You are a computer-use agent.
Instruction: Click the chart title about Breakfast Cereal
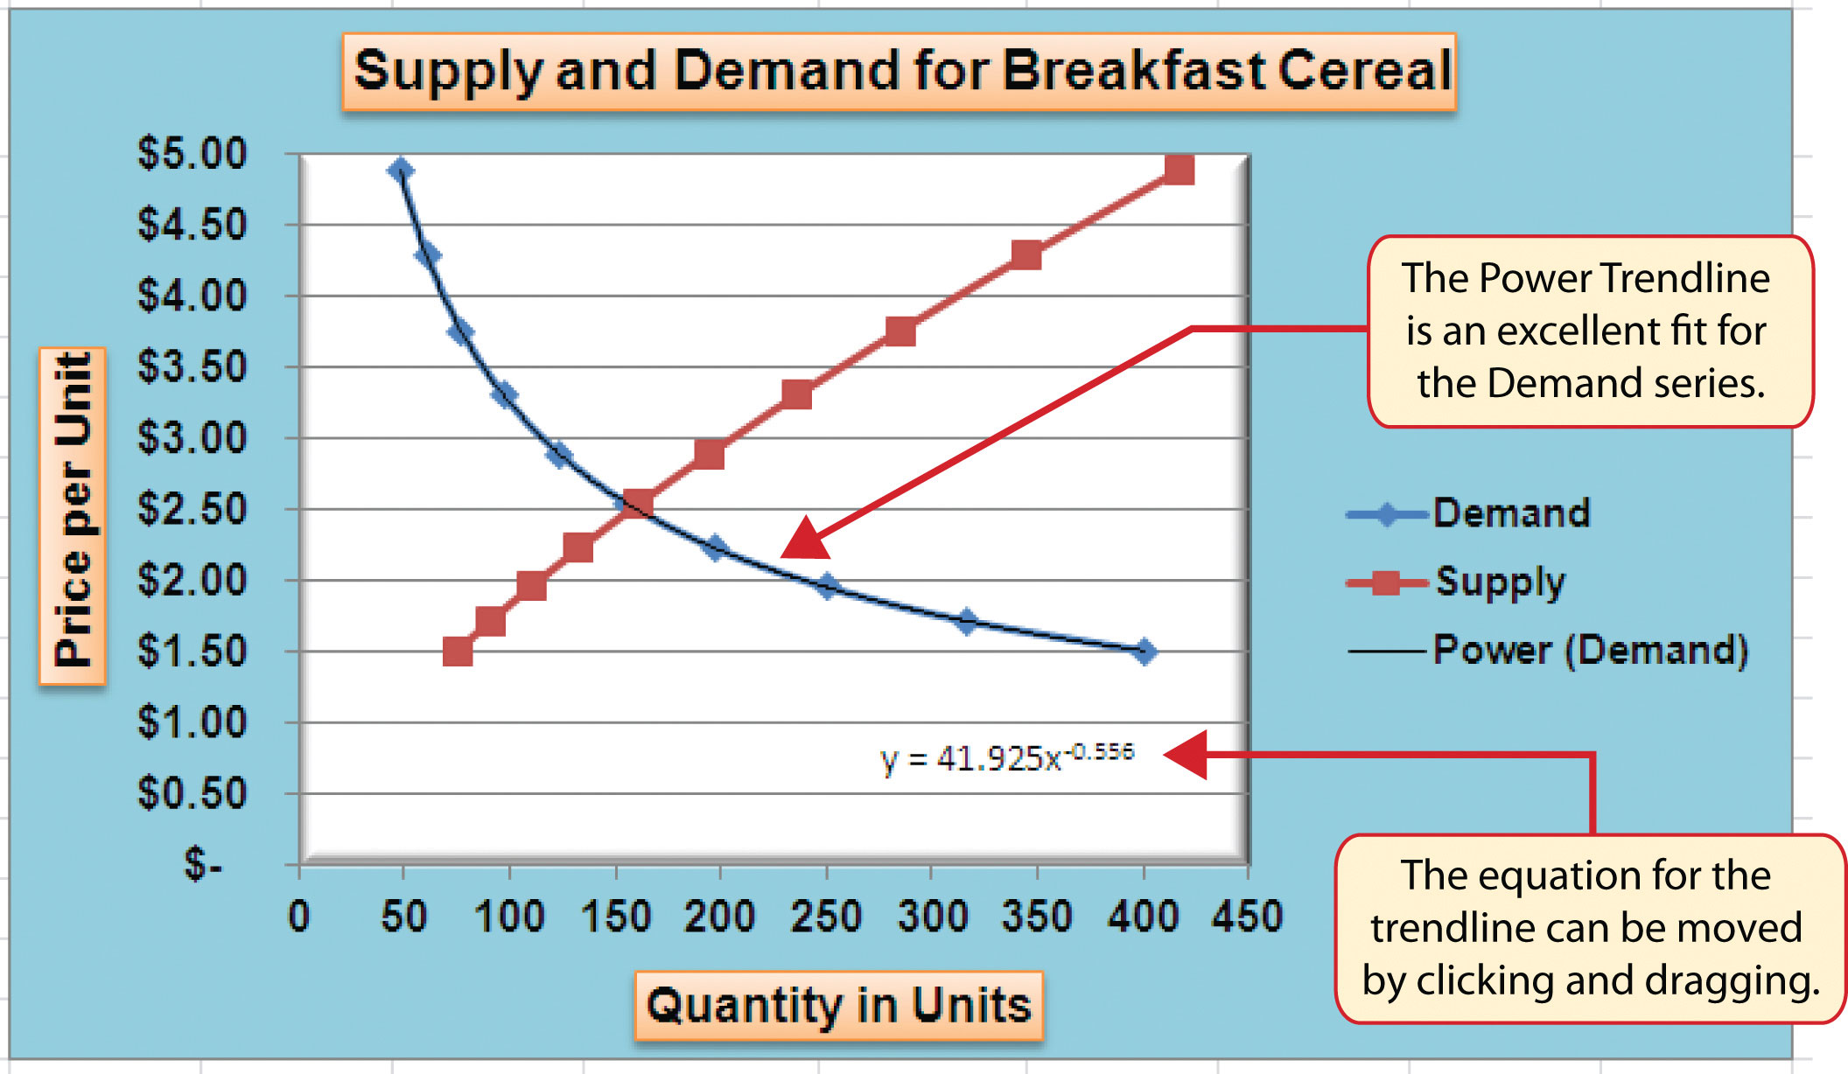[x=899, y=72]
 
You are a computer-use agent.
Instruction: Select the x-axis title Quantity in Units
[x=838, y=1005]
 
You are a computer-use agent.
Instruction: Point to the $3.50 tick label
[x=192, y=367]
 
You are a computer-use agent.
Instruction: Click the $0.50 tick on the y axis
[x=192, y=794]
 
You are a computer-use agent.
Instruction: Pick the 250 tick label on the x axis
[x=825, y=917]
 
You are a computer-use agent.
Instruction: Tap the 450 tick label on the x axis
[x=1246, y=917]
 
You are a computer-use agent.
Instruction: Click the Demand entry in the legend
[x=1510, y=513]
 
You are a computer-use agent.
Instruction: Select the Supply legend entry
[x=1500, y=582]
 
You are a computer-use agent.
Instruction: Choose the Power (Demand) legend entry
[x=1590, y=651]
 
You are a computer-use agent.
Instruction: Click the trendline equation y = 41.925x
[x=1006, y=757]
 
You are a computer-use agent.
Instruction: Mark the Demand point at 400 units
[x=1144, y=652]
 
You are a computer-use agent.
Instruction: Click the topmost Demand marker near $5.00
[x=401, y=170]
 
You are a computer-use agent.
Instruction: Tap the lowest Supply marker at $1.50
[x=458, y=652]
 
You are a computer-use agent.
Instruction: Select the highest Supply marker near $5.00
[x=1179, y=170]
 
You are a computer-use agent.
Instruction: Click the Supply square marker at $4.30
[x=1026, y=255]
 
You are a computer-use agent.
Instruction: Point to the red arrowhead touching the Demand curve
[x=805, y=540]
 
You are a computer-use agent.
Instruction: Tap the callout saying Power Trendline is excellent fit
[x=1590, y=331]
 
